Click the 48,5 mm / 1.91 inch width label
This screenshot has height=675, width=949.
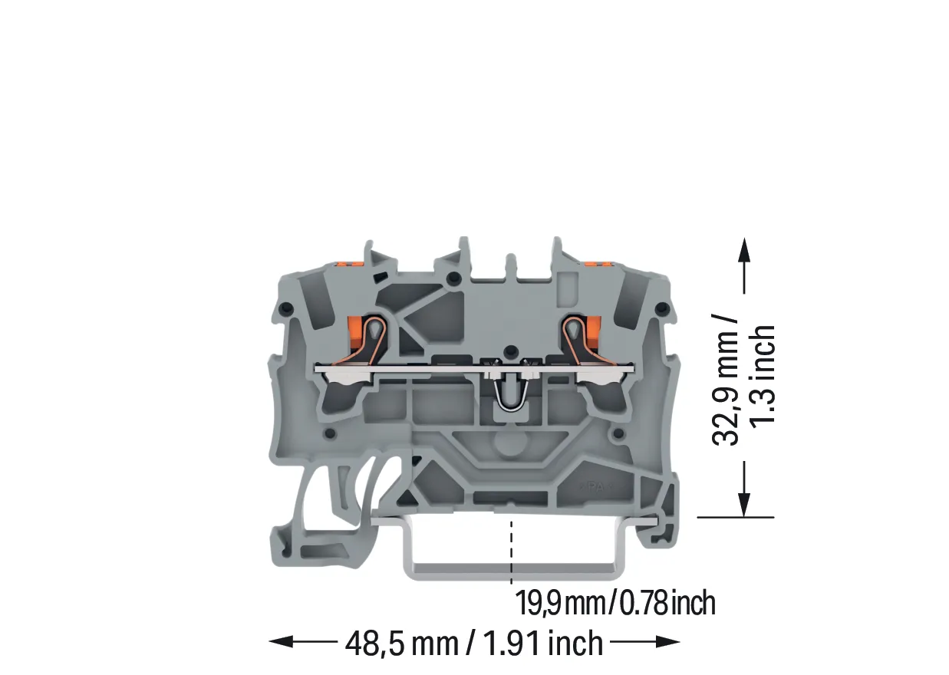474,644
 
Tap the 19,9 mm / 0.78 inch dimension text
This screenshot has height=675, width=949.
615,603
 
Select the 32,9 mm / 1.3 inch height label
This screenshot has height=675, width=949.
743,380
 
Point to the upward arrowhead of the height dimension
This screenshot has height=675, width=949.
744,250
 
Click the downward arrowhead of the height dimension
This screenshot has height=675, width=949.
744,505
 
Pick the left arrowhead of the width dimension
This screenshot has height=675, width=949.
281,641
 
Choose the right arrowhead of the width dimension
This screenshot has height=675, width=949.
668,641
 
